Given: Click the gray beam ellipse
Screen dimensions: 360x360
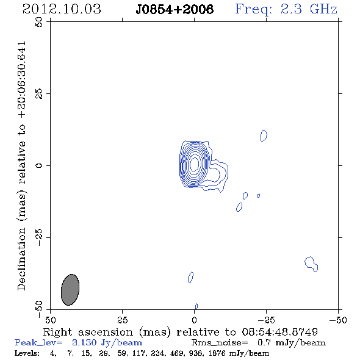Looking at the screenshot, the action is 70,290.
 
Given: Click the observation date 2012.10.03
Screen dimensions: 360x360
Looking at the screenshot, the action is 62,9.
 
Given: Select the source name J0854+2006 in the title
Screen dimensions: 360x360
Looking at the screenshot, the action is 175,9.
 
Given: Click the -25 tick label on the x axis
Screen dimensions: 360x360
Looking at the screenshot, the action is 266,320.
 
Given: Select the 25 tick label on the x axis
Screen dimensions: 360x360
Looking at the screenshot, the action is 123,320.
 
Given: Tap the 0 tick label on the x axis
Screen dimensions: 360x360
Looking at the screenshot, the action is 195,320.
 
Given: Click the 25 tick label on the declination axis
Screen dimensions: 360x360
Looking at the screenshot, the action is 39,94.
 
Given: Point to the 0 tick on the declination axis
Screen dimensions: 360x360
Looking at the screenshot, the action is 39,165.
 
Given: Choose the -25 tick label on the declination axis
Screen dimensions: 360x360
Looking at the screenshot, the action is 39,237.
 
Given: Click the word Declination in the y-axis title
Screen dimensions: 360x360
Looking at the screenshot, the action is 21,259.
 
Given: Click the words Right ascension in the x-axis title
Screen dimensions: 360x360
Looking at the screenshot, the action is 88,332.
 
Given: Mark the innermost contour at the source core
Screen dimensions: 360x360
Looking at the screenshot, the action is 195,164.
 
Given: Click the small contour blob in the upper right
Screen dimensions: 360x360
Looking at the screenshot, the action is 264,135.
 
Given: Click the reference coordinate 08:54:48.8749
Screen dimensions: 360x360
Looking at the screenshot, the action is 280,332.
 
